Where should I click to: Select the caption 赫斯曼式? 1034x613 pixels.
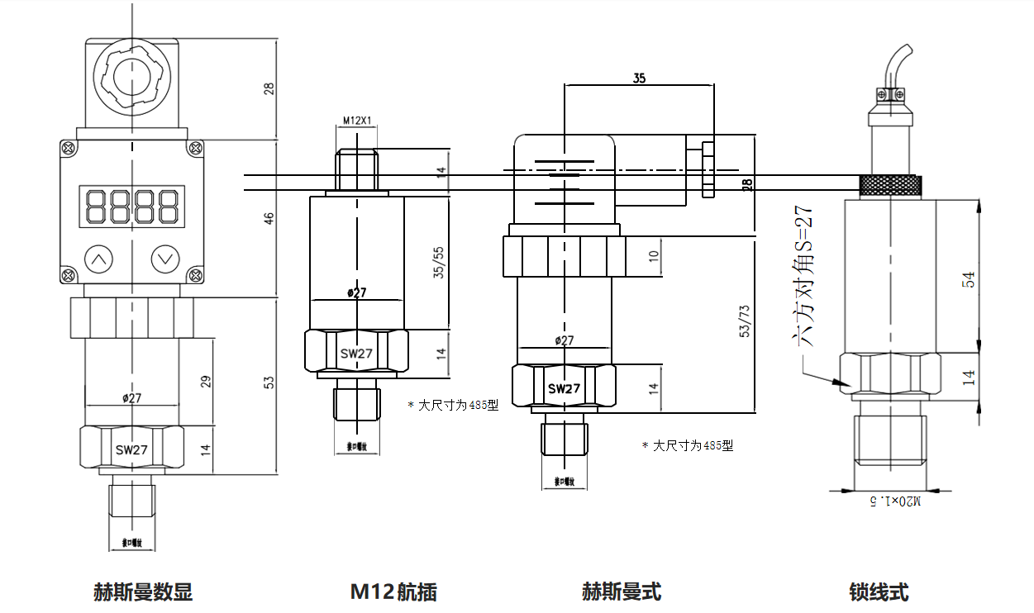tap(622, 592)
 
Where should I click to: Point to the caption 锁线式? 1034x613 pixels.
tap(879, 592)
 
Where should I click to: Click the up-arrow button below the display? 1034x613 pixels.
tap(99, 259)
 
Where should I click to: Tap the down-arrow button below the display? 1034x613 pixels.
tap(165, 259)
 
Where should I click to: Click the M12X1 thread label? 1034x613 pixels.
tap(357, 121)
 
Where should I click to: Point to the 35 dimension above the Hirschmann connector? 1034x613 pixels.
tap(639, 78)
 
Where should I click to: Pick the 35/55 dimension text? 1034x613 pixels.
tap(440, 262)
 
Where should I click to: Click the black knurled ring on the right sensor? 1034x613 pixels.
tap(891, 186)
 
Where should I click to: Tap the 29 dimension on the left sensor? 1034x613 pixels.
tap(206, 381)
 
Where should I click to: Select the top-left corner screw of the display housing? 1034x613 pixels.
tap(68, 148)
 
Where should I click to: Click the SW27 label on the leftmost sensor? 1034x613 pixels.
tap(131, 450)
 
